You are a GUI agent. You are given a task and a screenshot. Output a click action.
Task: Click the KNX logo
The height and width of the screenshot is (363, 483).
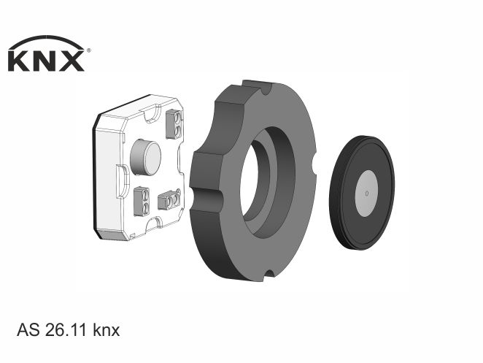[49, 54]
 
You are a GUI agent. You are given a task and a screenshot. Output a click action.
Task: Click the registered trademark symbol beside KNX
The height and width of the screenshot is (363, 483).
[89, 50]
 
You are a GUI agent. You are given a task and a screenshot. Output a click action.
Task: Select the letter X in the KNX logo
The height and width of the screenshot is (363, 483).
[72, 61]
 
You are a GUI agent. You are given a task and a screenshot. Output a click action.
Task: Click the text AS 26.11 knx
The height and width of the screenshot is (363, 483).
[69, 330]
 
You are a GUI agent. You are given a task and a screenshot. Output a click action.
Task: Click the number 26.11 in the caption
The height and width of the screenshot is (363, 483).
[66, 330]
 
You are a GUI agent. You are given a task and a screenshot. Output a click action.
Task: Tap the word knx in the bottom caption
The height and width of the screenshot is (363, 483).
[107, 330]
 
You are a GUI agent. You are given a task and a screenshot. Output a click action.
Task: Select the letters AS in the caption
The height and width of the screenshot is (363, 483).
[28, 330]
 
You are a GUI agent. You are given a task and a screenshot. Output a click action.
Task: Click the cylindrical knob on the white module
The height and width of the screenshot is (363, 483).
[146, 157]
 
